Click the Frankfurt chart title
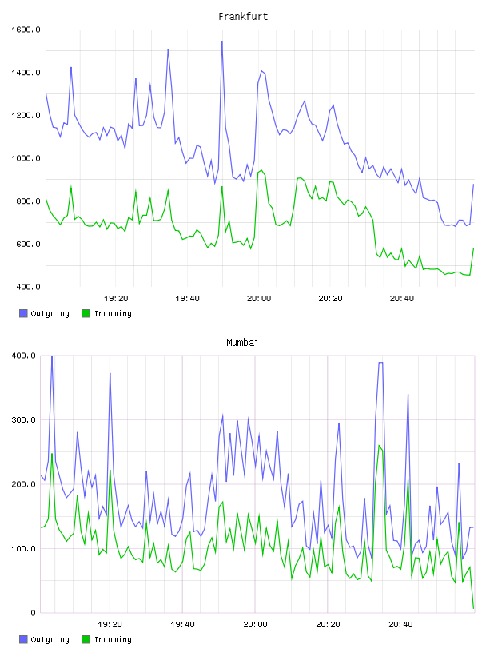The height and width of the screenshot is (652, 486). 243,16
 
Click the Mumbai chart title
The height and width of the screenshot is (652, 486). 242,342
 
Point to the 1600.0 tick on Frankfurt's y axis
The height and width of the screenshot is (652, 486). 26,30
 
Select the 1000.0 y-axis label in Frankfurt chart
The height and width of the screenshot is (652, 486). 26,158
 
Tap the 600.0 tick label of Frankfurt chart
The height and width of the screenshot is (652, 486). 28,244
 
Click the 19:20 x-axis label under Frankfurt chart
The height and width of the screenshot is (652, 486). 116,298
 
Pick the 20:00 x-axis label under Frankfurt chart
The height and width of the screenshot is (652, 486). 259,298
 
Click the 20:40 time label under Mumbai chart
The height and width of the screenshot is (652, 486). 400,624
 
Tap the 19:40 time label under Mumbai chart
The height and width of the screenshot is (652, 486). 182,624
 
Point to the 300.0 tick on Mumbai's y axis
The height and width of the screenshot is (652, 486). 24,419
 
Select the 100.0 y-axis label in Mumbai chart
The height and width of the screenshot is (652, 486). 24,548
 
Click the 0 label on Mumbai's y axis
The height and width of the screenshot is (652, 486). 34,613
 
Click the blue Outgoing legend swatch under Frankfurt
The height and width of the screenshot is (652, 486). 23,313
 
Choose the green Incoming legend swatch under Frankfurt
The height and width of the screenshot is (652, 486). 86,313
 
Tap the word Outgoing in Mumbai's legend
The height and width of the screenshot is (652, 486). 50,639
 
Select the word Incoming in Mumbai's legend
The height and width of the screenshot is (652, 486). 113,639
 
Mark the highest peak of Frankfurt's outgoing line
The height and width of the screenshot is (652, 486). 221,42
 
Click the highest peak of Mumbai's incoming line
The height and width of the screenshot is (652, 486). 379,445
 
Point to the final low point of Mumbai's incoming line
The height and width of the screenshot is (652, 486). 473,608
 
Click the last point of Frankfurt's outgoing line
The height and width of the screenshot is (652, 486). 473,185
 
